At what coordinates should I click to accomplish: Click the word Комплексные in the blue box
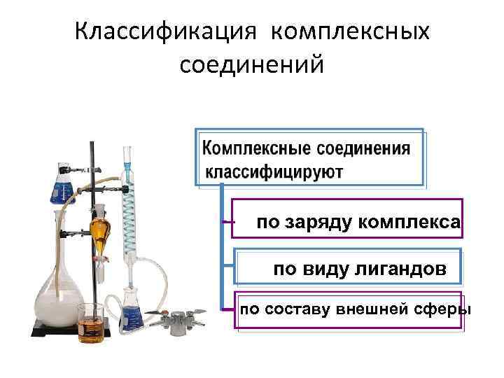(x=256, y=149)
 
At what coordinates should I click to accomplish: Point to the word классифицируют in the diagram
(x=274, y=171)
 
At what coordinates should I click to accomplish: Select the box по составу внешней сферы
(x=351, y=309)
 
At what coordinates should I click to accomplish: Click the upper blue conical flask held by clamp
(x=62, y=185)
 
